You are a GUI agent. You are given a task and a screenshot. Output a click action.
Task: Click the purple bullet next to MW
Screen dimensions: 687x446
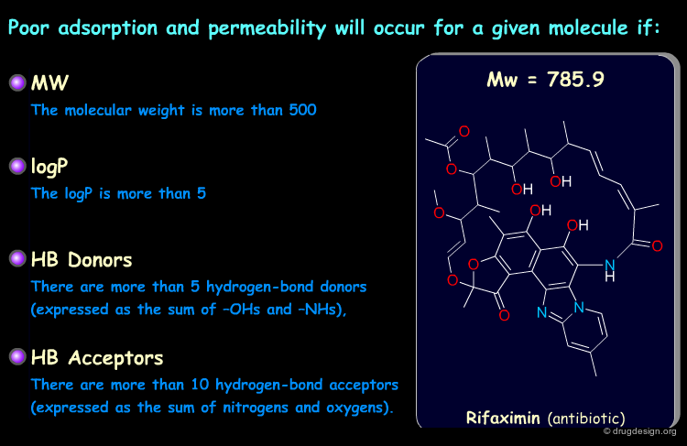point(17,82)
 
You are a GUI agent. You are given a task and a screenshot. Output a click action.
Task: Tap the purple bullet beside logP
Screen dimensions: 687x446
point(17,166)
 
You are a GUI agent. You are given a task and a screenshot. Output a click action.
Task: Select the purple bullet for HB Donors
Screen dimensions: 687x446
point(17,258)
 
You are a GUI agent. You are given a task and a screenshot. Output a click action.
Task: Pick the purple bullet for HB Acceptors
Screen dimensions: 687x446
point(17,356)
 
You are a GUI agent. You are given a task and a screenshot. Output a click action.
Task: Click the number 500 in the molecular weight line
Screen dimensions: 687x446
point(302,110)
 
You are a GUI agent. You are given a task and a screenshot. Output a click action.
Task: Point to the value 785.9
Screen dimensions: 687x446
point(575,80)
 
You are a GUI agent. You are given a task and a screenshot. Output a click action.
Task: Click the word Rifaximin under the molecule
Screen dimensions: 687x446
point(503,418)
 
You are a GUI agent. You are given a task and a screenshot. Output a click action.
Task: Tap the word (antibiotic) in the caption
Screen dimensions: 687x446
point(586,419)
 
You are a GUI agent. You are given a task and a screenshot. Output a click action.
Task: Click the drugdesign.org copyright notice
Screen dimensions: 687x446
point(639,431)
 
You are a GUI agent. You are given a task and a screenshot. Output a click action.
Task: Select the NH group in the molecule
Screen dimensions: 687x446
point(610,270)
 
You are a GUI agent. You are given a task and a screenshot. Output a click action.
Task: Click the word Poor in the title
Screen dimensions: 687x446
point(28,27)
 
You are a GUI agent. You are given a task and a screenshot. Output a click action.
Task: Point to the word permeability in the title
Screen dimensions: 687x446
point(267,29)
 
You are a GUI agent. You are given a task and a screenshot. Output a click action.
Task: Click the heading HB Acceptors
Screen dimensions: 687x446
point(97,357)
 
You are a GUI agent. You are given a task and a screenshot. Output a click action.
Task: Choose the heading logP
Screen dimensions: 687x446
point(49,167)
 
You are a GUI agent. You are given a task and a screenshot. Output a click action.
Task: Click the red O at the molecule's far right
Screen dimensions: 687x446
point(657,246)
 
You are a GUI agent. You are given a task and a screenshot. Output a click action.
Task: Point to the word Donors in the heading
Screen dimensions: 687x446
point(100,260)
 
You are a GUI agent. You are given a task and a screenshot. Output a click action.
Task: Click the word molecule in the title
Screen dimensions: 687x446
point(588,28)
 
